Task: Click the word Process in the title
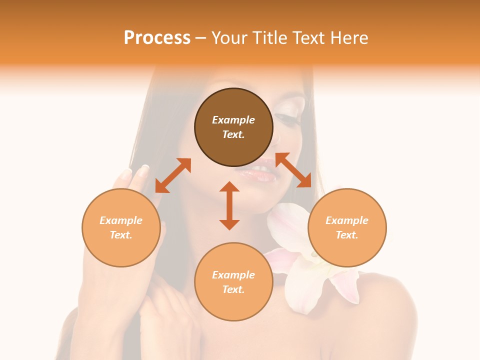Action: pyautogui.click(x=157, y=37)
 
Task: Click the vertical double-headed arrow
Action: pyautogui.click(x=229, y=205)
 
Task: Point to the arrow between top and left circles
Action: pyautogui.click(x=173, y=175)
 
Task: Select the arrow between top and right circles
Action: pyautogui.click(x=293, y=170)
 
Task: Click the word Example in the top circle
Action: pyautogui.click(x=233, y=120)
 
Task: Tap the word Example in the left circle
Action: pyautogui.click(x=121, y=220)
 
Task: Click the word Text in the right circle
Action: pyautogui.click(x=346, y=235)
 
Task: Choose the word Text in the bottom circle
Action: pyautogui.click(x=233, y=289)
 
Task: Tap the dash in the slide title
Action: pyautogui.click(x=200, y=37)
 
